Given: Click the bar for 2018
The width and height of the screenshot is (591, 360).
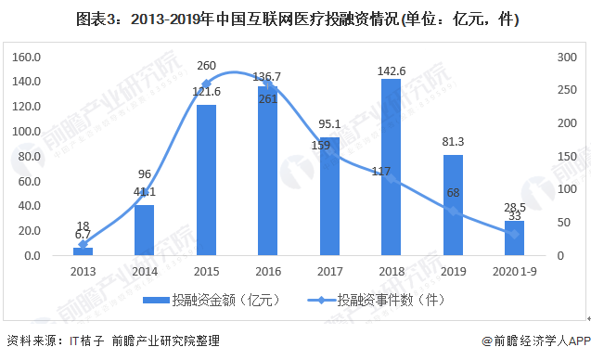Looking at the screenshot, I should (x=392, y=167).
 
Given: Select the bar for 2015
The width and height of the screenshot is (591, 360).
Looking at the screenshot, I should (x=206, y=180).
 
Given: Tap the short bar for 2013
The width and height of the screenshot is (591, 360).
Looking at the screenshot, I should (x=83, y=251).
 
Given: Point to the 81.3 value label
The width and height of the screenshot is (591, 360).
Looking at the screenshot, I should (x=454, y=144).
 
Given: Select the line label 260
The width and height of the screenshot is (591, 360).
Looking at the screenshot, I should (x=207, y=66).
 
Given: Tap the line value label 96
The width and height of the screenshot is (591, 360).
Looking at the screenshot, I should (x=144, y=174).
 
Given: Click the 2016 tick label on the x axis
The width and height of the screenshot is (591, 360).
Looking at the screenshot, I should (x=268, y=270).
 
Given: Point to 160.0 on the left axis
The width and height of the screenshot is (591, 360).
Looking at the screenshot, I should (x=28, y=57).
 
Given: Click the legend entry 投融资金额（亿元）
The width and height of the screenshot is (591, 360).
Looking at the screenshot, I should (x=216, y=299).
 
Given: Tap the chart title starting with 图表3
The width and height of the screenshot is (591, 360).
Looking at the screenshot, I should (x=295, y=19).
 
